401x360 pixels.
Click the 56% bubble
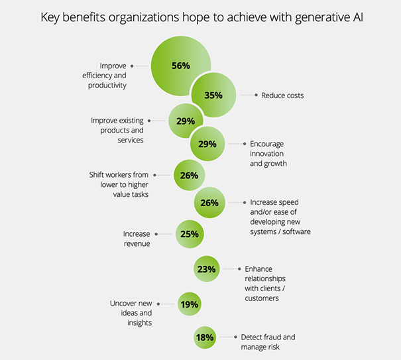[180, 66]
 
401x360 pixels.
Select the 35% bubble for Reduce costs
[213, 95]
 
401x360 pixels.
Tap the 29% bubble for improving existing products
[186, 121]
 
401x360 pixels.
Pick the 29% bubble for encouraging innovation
[207, 144]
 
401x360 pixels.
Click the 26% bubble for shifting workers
[189, 176]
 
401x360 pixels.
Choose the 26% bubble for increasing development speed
[209, 203]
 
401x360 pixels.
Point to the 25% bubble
[188, 233]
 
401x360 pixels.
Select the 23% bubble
[205, 269]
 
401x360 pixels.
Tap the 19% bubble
[189, 304]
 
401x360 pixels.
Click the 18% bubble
[204, 337]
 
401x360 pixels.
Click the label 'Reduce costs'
[282, 95]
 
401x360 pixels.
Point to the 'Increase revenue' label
[137, 239]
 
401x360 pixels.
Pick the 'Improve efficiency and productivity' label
[104, 76]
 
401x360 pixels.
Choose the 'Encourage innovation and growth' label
[268, 153]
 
